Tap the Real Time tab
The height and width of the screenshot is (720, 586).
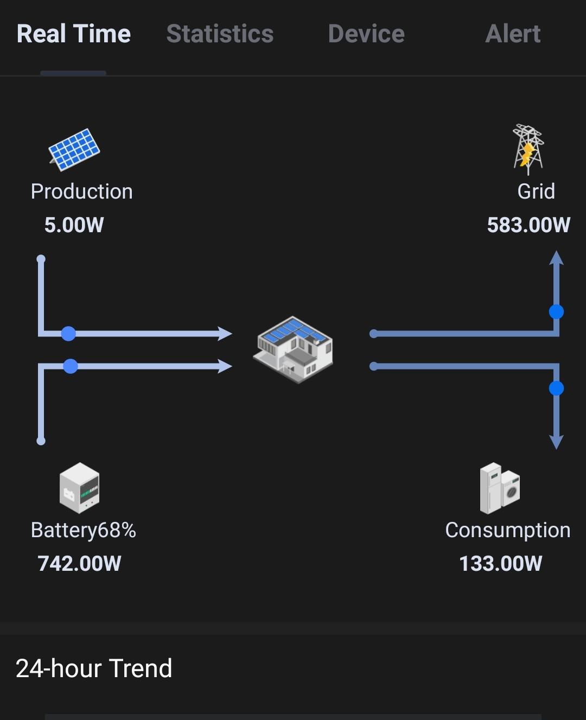click(74, 34)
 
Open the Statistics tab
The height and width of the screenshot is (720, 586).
click(220, 34)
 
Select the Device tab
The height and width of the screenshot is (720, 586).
click(366, 34)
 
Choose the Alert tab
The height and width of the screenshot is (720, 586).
click(513, 34)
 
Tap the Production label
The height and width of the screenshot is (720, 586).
click(81, 192)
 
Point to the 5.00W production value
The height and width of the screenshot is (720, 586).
click(74, 225)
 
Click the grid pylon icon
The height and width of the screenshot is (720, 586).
click(528, 149)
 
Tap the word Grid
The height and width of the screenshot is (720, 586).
click(536, 192)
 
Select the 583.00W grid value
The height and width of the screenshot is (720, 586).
click(528, 225)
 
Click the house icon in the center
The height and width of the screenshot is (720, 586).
click(293, 349)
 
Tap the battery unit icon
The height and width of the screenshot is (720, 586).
click(79, 488)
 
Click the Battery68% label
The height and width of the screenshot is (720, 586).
click(83, 530)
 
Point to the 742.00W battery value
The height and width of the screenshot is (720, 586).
click(79, 564)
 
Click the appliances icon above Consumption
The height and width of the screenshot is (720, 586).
click(500, 488)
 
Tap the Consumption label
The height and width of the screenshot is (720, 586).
click(507, 530)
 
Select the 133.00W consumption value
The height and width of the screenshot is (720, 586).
click(500, 564)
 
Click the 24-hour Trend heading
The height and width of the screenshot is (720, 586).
click(94, 668)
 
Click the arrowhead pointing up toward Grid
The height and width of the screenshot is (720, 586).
click(556, 258)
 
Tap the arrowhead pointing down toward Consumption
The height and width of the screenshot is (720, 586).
click(556, 441)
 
